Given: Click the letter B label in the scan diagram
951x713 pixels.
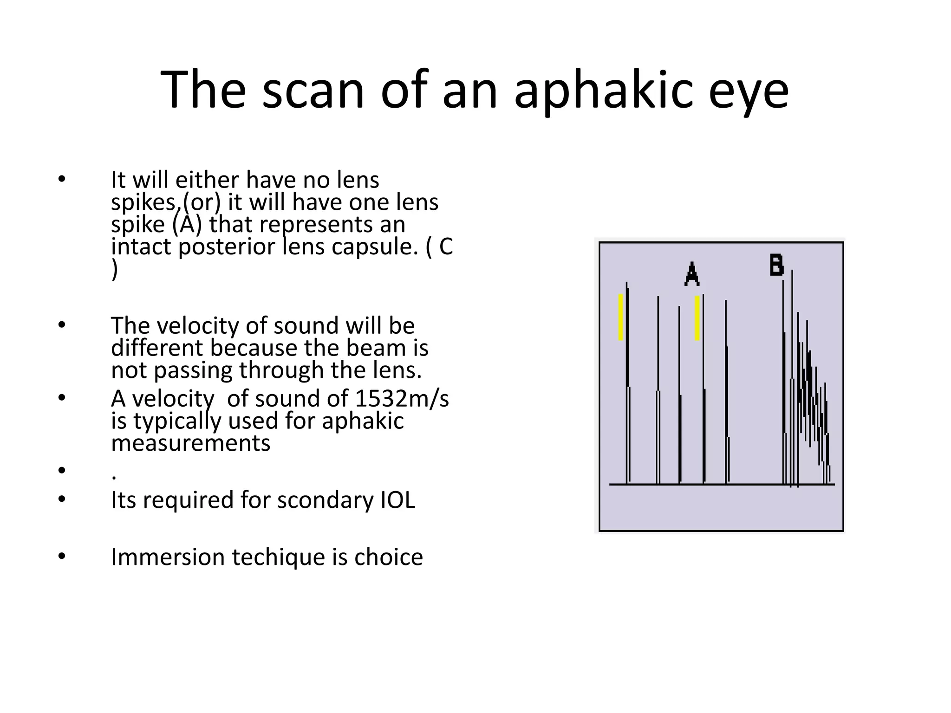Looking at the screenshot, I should (x=776, y=265).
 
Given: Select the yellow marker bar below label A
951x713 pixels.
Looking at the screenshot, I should (x=697, y=318).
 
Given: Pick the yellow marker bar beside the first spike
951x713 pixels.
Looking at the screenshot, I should (x=621, y=317).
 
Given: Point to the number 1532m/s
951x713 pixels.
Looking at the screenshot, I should (x=402, y=398).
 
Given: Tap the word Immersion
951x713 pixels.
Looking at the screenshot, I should (x=168, y=557).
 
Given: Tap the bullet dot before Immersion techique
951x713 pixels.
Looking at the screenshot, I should (x=61, y=557).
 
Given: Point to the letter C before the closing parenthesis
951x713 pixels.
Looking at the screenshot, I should (x=445, y=246).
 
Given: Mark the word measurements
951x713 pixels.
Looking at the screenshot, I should (x=190, y=443).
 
